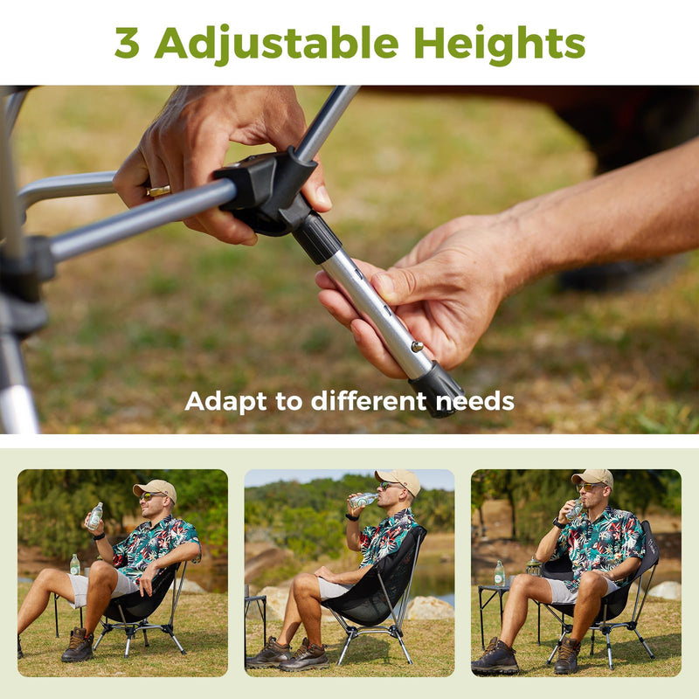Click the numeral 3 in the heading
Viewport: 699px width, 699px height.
pyautogui.click(x=127, y=43)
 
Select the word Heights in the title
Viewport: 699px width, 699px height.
pyautogui.click(x=499, y=43)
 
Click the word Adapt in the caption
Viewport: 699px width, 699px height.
pyautogui.click(x=221, y=402)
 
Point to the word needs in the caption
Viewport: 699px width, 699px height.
pyautogui.click(x=476, y=402)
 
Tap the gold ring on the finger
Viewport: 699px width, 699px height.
pyautogui.click(x=158, y=190)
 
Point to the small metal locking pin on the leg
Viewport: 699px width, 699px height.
pyautogui.click(x=417, y=347)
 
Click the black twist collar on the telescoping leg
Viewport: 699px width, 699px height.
pyautogui.click(x=315, y=237)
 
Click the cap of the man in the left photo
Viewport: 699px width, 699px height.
pyautogui.click(x=155, y=488)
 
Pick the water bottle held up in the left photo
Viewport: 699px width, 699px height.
pyautogui.click(x=94, y=516)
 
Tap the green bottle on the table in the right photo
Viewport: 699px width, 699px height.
pyautogui.click(x=499, y=573)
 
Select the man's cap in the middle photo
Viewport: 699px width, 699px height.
pyautogui.click(x=399, y=479)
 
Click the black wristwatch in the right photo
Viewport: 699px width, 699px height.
pyautogui.click(x=557, y=523)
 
